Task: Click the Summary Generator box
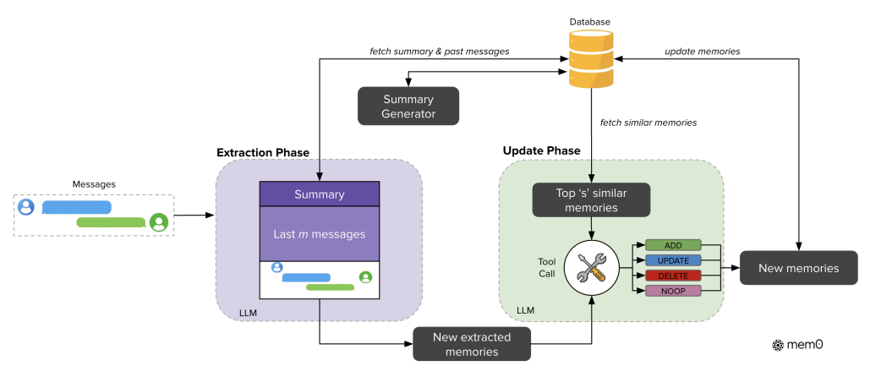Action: pyautogui.click(x=408, y=106)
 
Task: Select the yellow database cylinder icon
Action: pyautogui.click(x=590, y=59)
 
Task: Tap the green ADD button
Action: pyautogui.click(x=673, y=245)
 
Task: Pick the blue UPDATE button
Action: pyautogui.click(x=673, y=260)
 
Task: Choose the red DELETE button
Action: pyautogui.click(x=673, y=276)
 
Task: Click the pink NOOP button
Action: pyautogui.click(x=673, y=291)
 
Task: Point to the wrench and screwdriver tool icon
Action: pyautogui.click(x=592, y=267)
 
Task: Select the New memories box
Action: pyautogui.click(x=798, y=268)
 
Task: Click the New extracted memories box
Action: pyautogui.click(x=472, y=344)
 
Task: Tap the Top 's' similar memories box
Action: pyautogui.click(x=591, y=200)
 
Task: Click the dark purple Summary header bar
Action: pyautogui.click(x=319, y=194)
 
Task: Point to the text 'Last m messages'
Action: pyautogui.click(x=319, y=234)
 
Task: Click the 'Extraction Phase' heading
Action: pyautogui.click(x=263, y=152)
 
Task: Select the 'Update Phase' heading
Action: pyautogui.click(x=542, y=150)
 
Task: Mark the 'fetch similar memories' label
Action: pyautogui.click(x=648, y=123)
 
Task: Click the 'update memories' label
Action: pyautogui.click(x=703, y=51)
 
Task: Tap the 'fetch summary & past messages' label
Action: pyautogui.click(x=440, y=51)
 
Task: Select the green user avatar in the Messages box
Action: pyautogui.click(x=159, y=222)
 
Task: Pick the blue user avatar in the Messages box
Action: pyautogui.click(x=26, y=207)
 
